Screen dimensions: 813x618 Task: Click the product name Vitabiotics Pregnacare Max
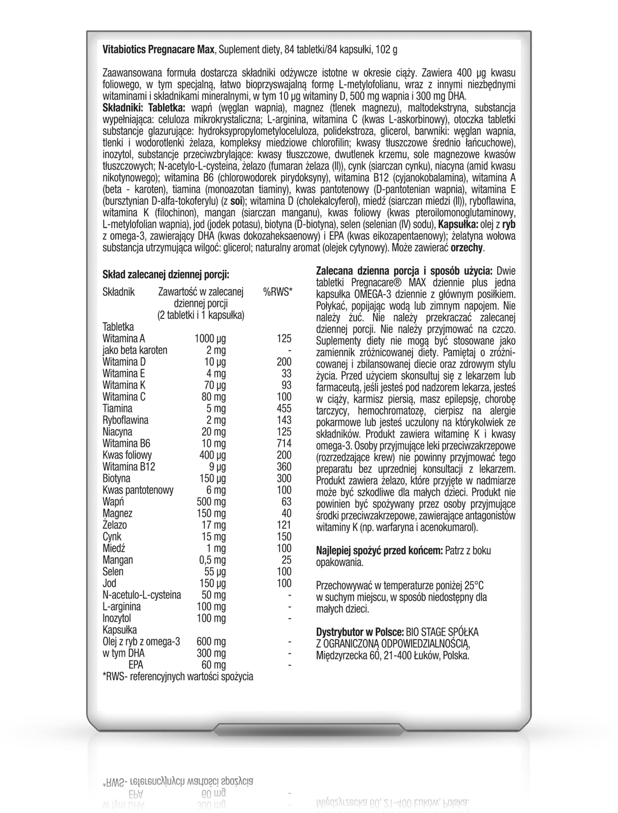click(159, 50)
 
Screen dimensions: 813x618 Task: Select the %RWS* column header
click(278, 292)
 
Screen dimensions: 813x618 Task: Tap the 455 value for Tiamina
click(284, 408)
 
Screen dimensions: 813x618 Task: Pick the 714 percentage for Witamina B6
click(284, 443)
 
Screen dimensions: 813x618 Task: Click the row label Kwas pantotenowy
click(138, 490)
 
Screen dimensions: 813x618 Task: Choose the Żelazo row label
click(115, 525)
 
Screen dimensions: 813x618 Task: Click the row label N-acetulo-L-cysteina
click(142, 595)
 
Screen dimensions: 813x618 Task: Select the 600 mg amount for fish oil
click(211, 642)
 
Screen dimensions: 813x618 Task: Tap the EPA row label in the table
click(136, 665)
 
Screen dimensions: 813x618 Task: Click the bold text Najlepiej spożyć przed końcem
click(379, 551)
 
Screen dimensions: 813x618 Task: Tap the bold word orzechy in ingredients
click(468, 248)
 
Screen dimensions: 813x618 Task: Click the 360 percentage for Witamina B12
click(284, 467)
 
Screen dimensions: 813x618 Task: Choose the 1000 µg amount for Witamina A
click(210, 339)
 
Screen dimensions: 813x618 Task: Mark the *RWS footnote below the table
click(178, 677)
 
